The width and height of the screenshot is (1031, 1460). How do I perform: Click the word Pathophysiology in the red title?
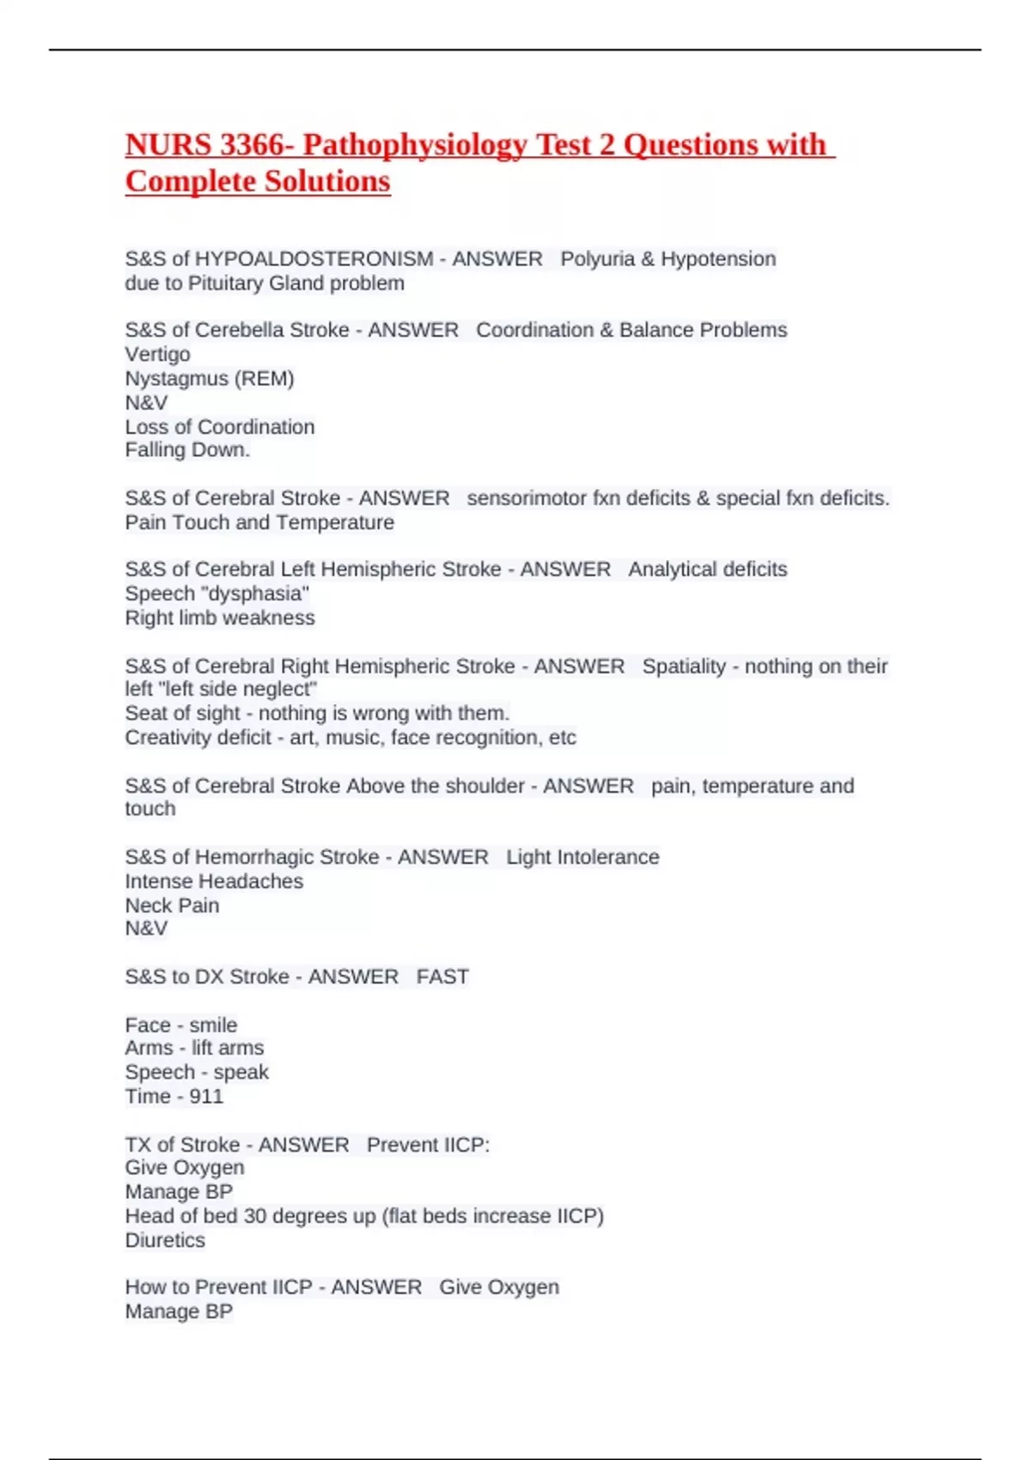point(415,145)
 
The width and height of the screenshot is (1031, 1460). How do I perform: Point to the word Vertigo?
point(158,354)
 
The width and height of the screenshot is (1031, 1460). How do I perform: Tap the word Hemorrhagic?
point(287,857)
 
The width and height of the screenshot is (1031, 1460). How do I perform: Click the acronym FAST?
point(442,976)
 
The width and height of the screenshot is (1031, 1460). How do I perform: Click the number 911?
point(206,1097)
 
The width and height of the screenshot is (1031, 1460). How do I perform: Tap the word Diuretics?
point(165,1240)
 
